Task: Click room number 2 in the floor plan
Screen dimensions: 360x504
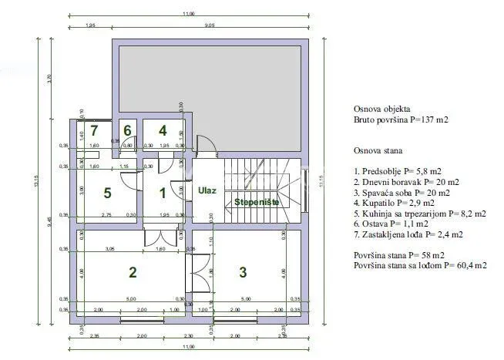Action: (133, 271)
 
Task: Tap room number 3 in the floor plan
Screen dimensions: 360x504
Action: (243, 271)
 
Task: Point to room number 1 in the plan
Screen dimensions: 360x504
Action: (163, 193)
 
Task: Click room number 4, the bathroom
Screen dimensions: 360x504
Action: (163, 131)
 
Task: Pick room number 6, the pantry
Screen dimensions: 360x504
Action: (128, 131)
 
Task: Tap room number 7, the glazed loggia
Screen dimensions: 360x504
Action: (95, 131)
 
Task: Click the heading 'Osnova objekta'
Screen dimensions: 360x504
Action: (382, 109)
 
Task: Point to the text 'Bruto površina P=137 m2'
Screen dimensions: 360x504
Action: (401, 121)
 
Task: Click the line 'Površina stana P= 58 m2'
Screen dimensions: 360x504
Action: (398, 254)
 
